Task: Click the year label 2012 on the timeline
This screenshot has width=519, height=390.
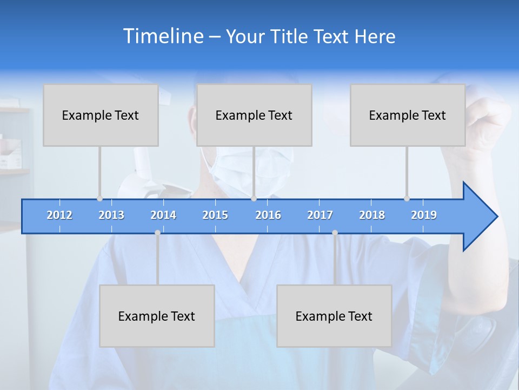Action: (59, 215)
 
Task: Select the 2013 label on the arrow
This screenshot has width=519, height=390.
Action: (111, 215)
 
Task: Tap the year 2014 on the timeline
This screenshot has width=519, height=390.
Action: (163, 215)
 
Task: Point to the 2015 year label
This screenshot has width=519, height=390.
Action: (215, 215)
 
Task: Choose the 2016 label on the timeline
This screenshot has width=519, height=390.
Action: (268, 215)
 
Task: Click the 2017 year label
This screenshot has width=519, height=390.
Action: (320, 215)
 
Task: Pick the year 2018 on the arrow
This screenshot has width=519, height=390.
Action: (372, 215)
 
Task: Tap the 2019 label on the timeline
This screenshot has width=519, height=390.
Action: (424, 215)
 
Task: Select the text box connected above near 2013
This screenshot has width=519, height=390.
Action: (101, 115)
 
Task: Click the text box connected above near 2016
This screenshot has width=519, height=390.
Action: (254, 115)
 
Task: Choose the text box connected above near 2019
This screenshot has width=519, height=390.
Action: (408, 115)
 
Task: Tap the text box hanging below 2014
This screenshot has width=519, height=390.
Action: (157, 316)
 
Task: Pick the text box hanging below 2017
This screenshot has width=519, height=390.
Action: (334, 316)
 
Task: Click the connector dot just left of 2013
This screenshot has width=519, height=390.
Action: (99, 199)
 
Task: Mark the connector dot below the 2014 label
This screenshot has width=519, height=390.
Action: (157, 232)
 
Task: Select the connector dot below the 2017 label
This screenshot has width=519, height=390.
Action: (335, 232)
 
